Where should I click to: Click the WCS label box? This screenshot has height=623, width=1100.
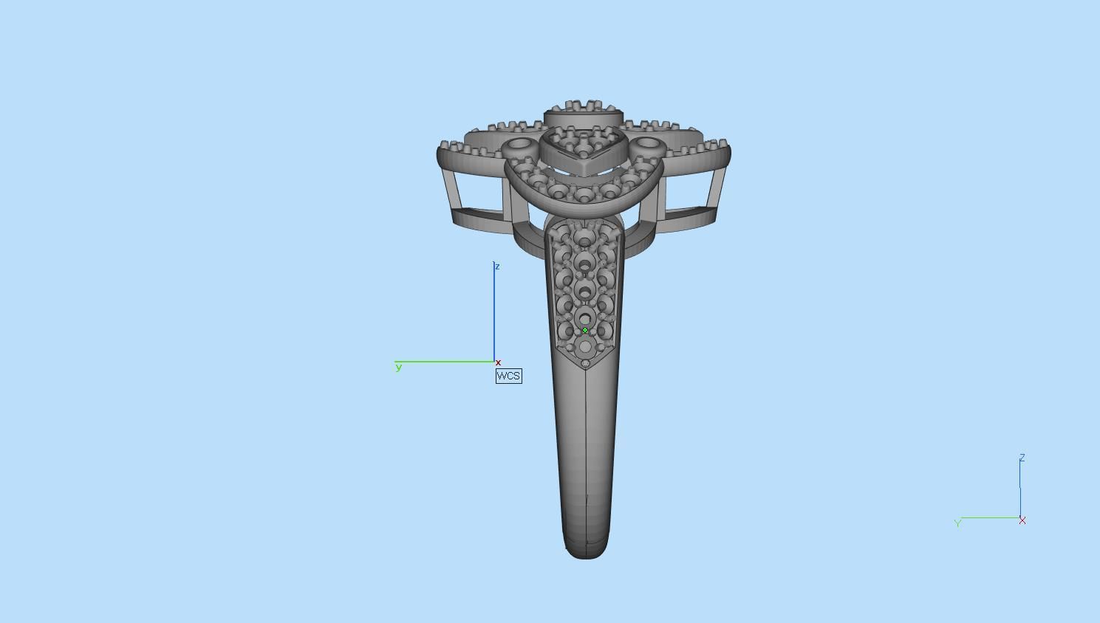508,376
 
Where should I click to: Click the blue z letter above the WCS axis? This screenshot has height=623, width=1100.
497,266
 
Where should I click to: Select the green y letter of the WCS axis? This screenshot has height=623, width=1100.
399,367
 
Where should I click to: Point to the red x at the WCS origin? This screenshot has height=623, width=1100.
498,362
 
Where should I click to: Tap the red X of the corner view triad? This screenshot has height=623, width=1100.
1022,520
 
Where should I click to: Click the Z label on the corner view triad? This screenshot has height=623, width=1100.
1022,458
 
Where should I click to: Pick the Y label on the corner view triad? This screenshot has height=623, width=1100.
958,523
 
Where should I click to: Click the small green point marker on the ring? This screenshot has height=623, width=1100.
585,331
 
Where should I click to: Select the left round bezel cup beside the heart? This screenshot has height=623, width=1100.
519,145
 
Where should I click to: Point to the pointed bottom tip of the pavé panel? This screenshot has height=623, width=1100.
587,365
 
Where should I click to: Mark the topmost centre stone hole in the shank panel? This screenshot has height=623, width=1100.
585,238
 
